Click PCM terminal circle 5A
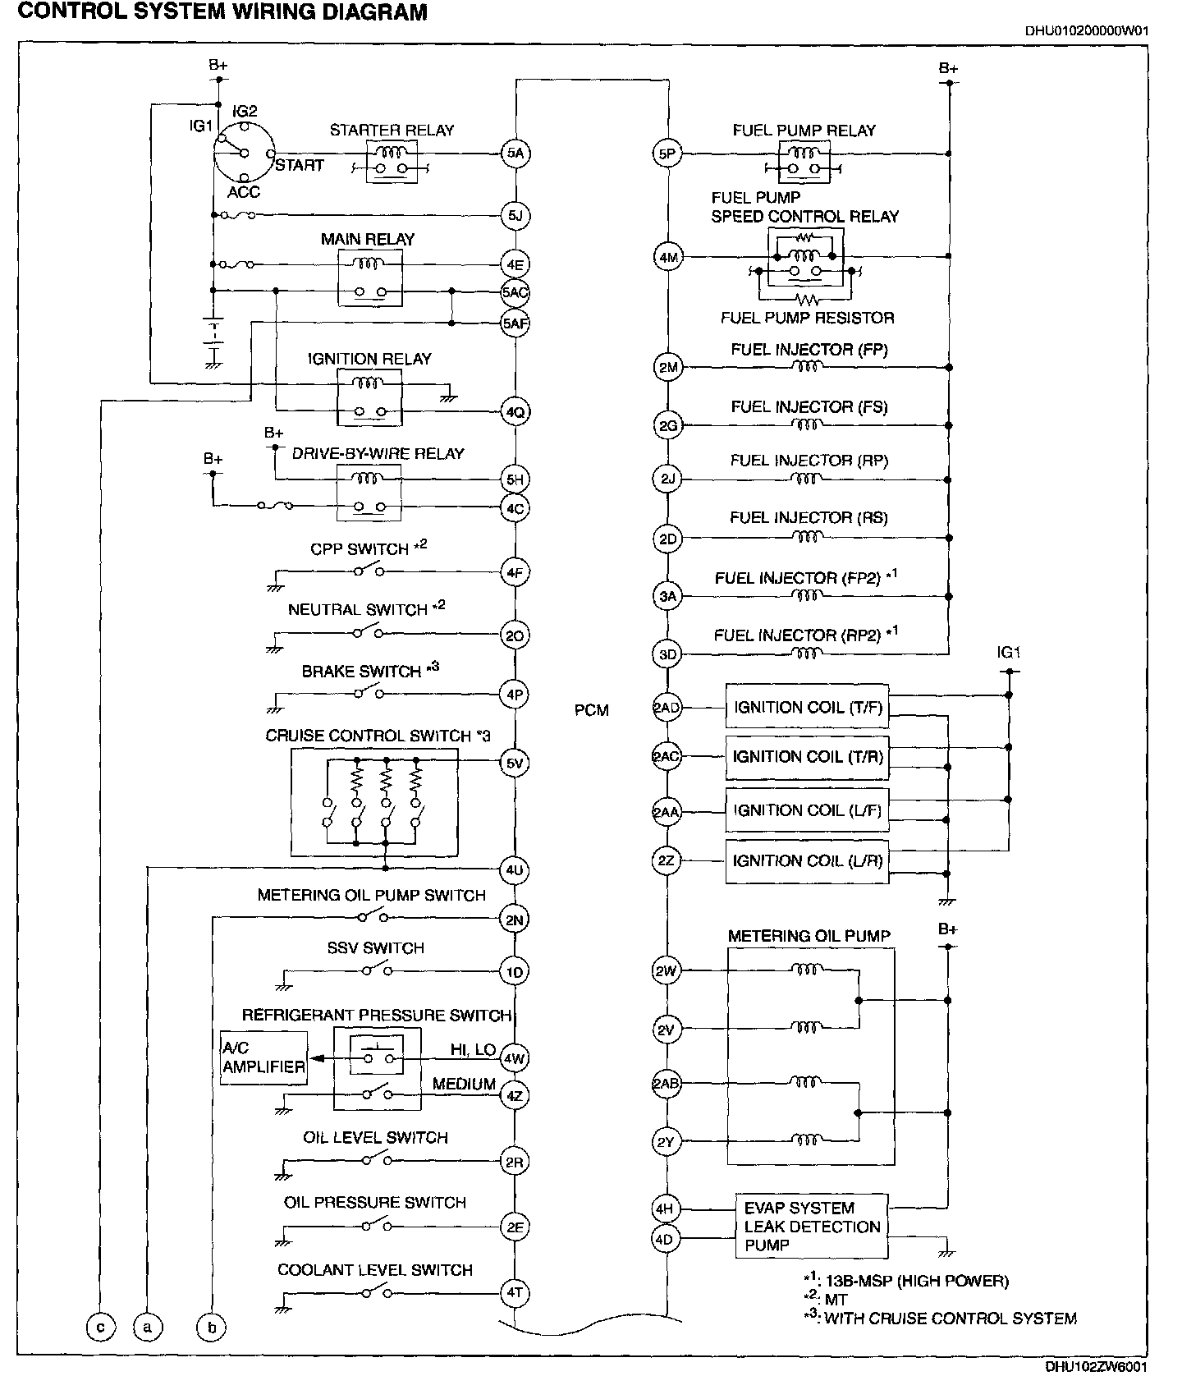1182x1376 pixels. (x=515, y=153)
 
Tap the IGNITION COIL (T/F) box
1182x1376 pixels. (x=807, y=708)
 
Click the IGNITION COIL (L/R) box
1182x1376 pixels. (x=807, y=861)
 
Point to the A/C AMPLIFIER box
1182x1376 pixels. (x=263, y=1057)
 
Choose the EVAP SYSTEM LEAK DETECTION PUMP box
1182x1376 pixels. (x=811, y=1227)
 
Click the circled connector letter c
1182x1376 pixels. (x=100, y=1327)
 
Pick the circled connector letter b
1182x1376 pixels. (x=211, y=1327)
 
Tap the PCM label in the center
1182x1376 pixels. (x=591, y=710)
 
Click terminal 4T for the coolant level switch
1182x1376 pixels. (x=515, y=1293)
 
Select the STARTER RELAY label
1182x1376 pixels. (x=392, y=130)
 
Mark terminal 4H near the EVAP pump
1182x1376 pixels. (x=664, y=1209)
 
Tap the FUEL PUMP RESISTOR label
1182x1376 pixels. (x=807, y=318)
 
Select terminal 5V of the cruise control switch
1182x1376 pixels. (x=515, y=764)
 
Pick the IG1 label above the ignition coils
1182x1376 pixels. (x=1009, y=654)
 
